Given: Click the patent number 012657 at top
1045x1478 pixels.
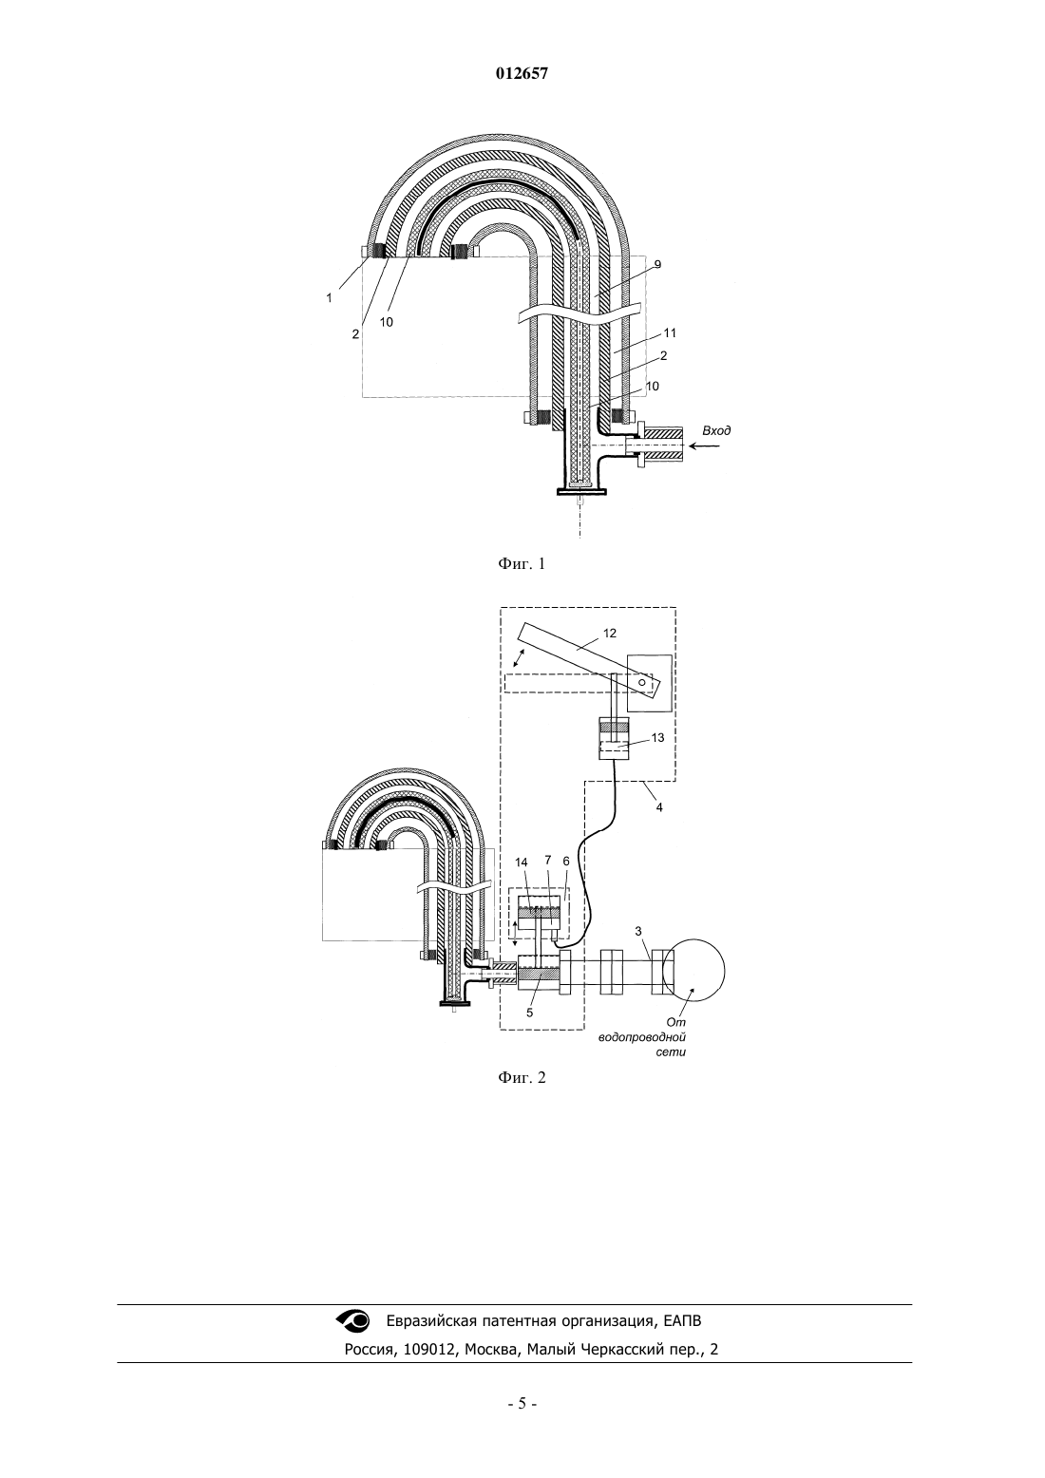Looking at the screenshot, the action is (x=522, y=74).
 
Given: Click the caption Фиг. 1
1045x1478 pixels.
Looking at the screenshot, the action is (x=522, y=563).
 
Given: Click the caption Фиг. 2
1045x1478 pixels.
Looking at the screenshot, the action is (x=522, y=1077).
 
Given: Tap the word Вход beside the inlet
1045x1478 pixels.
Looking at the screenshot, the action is (x=716, y=431).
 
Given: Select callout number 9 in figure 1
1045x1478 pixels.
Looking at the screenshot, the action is (x=657, y=265).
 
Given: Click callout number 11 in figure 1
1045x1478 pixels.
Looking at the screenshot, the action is (x=671, y=333).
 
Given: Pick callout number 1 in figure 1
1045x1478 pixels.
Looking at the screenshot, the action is (x=329, y=298).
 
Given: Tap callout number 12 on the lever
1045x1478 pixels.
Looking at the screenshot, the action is (x=610, y=633).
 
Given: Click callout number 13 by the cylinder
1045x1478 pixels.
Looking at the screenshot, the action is (x=657, y=738).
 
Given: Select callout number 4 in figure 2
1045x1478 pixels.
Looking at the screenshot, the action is (x=659, y=807).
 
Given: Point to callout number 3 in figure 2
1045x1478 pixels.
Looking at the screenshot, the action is (x=638, y=931).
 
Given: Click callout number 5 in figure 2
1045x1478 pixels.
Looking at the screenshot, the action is (x=530, y=1012).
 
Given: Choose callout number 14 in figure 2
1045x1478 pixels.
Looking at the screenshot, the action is (x=522, y=862).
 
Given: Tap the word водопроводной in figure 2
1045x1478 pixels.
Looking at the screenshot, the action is (x=642, y=1038).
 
